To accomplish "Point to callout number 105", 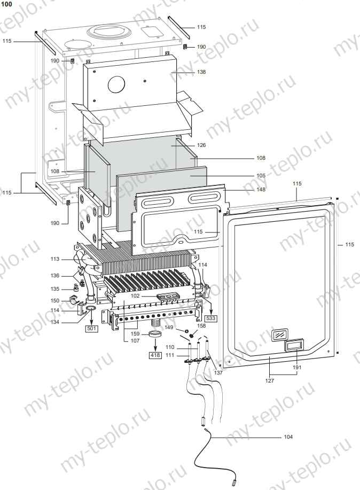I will pos(261,175).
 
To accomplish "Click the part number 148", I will pos(261,189).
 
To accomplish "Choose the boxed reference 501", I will pos(91,328).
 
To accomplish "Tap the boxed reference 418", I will pos(154,355).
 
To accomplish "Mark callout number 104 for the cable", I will pos(288,437).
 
